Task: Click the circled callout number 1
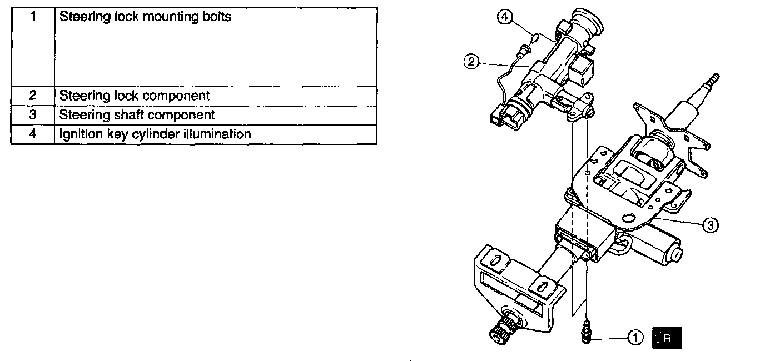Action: click(x=635, y=337)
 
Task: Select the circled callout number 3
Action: click(x=711, y=224)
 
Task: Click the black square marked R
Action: click(x=667, y=338)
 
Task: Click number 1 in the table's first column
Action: click(x=33, y=17)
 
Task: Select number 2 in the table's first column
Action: click(x=33, y=96)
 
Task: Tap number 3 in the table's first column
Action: click(x=33, y=115)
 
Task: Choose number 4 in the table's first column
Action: click(x=33, y=134)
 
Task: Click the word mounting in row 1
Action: click(x=170, y=17)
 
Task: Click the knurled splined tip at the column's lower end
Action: click(x=498, y=333)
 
